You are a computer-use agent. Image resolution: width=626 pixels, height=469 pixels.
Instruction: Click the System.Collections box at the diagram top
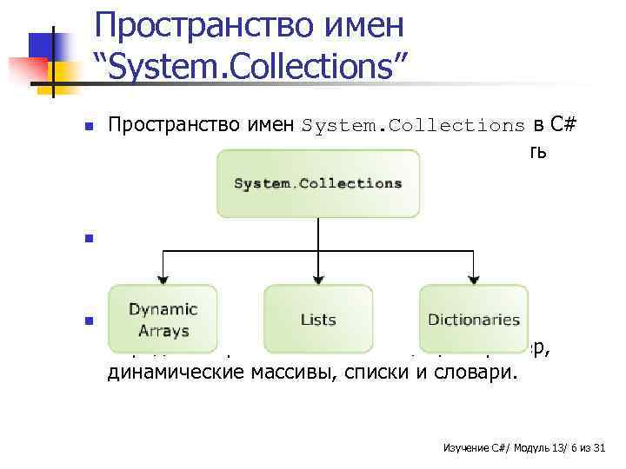[318, 183]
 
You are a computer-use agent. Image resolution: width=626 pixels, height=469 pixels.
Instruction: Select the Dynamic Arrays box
[163, 320]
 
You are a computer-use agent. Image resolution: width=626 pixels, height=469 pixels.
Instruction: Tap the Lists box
[318, 320]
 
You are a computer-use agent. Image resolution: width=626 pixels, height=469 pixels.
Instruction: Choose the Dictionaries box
[474, 320]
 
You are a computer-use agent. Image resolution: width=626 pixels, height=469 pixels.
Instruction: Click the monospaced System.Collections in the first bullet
[414, 125]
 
